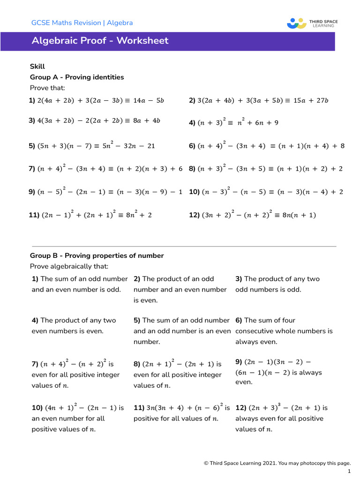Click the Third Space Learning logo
(312, 23)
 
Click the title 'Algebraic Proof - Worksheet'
(100, 41)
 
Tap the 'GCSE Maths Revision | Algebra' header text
(82, 22)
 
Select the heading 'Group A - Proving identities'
(77, 77)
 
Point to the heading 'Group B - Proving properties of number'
(97, 256)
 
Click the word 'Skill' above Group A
(37, 67)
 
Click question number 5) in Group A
(32, 146)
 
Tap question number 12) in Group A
(194, 216)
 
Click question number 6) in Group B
(239, 321)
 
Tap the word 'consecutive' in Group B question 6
(254, 331)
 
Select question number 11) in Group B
(139, 408)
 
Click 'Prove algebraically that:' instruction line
(69, 267)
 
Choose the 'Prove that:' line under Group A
(47, 88)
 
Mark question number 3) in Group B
(239, 279)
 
